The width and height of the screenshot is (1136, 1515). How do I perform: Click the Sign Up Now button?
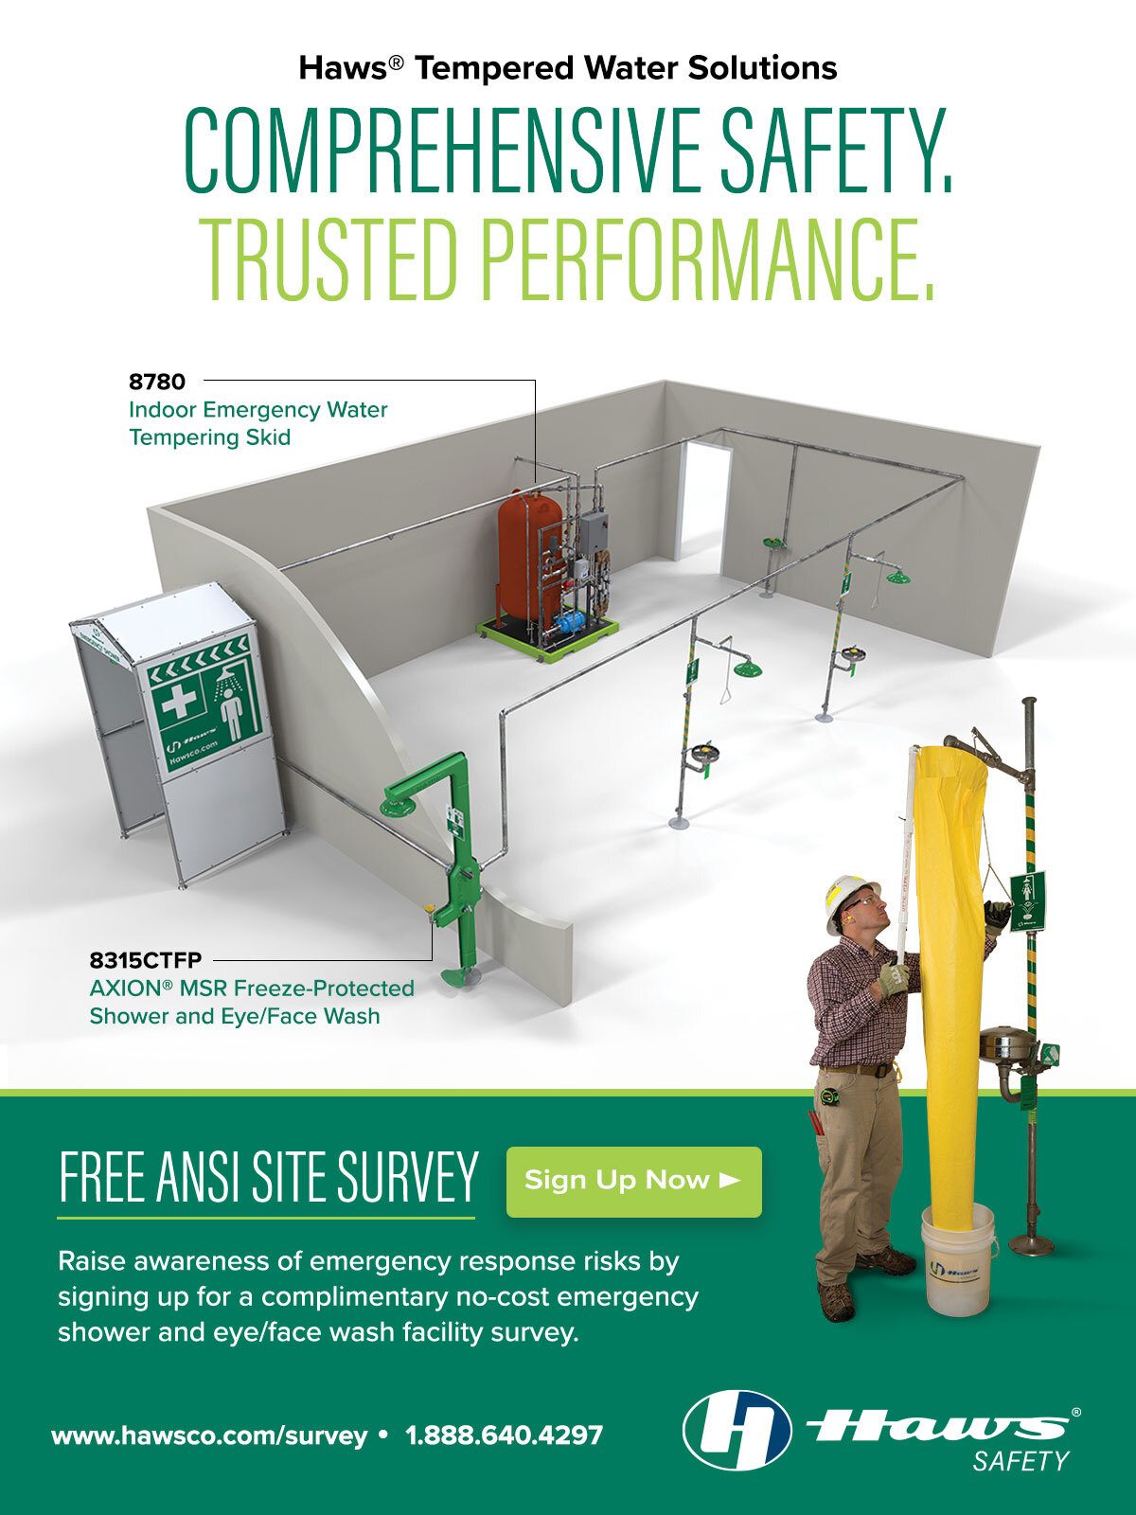coord(633,1181)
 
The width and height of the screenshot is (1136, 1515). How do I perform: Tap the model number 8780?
coord(157,382)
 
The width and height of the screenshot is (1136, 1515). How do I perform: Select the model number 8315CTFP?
coord(145,960)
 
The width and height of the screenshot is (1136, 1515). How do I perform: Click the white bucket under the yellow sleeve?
coord(958,1258)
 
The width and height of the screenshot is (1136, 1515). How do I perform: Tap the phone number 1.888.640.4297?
coord(504,1435)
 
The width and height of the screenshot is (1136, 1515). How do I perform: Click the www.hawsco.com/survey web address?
coord(209,1435)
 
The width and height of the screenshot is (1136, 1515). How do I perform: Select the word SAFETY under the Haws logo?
coord(1020,1461)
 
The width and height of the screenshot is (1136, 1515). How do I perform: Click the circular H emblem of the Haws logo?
coord(737,1431)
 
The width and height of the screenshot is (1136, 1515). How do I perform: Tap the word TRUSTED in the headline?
coord(331,258)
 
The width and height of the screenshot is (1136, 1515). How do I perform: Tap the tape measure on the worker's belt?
coord(830,1096)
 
